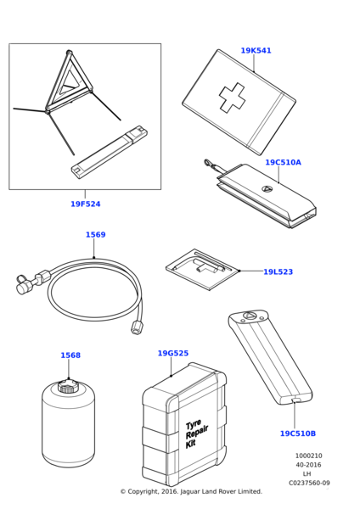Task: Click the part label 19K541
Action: point(256,51)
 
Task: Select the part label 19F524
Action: point(86,204)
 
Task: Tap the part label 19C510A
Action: point(283,162)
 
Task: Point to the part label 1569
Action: point(96,235)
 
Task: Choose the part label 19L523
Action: point(278,271)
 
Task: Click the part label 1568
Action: point(70,355)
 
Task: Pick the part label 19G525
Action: point(173,353)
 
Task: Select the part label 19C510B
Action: point(298,433)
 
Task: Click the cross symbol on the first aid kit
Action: point(232,98)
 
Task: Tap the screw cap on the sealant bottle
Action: point(68,387)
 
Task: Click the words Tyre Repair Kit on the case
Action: point(195,433)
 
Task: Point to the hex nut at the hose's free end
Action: point(136,327)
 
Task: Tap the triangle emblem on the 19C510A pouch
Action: point(266,188)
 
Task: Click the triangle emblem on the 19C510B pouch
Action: point(249,316)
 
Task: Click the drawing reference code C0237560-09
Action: point(309,483)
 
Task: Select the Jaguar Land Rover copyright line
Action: point(191,491)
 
